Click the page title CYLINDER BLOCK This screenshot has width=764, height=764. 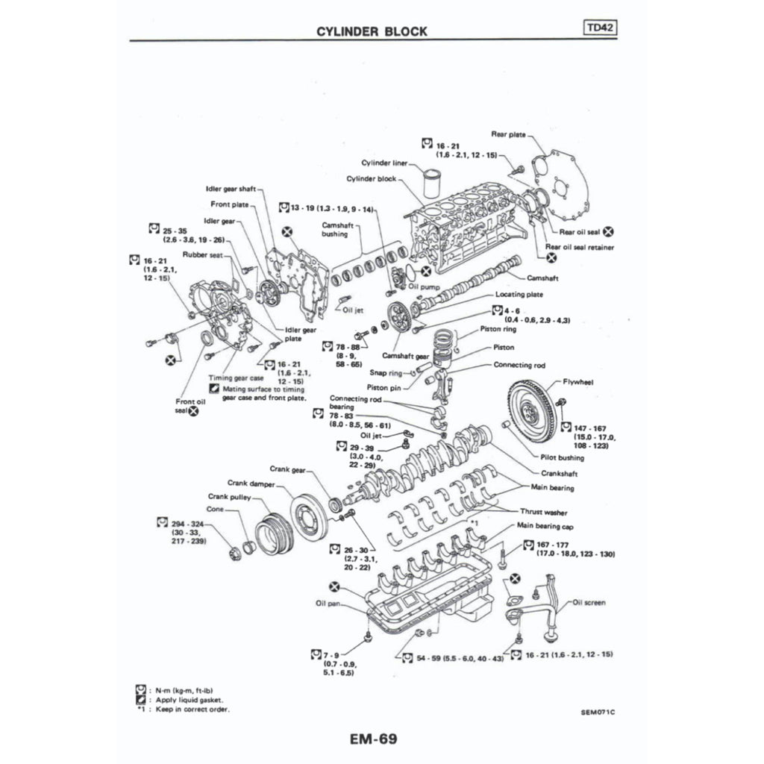pyautogui.click(x=372, y=31)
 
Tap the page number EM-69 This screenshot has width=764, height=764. pyautogui.click(x=372, y=739)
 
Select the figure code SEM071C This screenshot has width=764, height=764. pyautogui.click(x=598, y=712)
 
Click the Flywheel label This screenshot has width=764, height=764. pyautogui.click(x=578, y=381)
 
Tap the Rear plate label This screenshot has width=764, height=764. pyautogui.click(x=508, y=134)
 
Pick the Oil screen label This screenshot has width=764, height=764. pyautogui.click(x=589, y=602)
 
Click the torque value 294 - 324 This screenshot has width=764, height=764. pyautogui.click(x=187, y=524)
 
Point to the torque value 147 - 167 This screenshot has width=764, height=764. pyautogui.click(x=591, y=429)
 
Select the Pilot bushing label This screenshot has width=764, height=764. pyautogui.click(x=560, y=457)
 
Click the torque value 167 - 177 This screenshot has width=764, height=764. pyautogui.click(x=554, y=545)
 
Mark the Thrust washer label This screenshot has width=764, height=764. pyautogui.click(x=544, y=513)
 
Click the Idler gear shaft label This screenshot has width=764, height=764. pyautogui.click(x=231, y=189)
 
